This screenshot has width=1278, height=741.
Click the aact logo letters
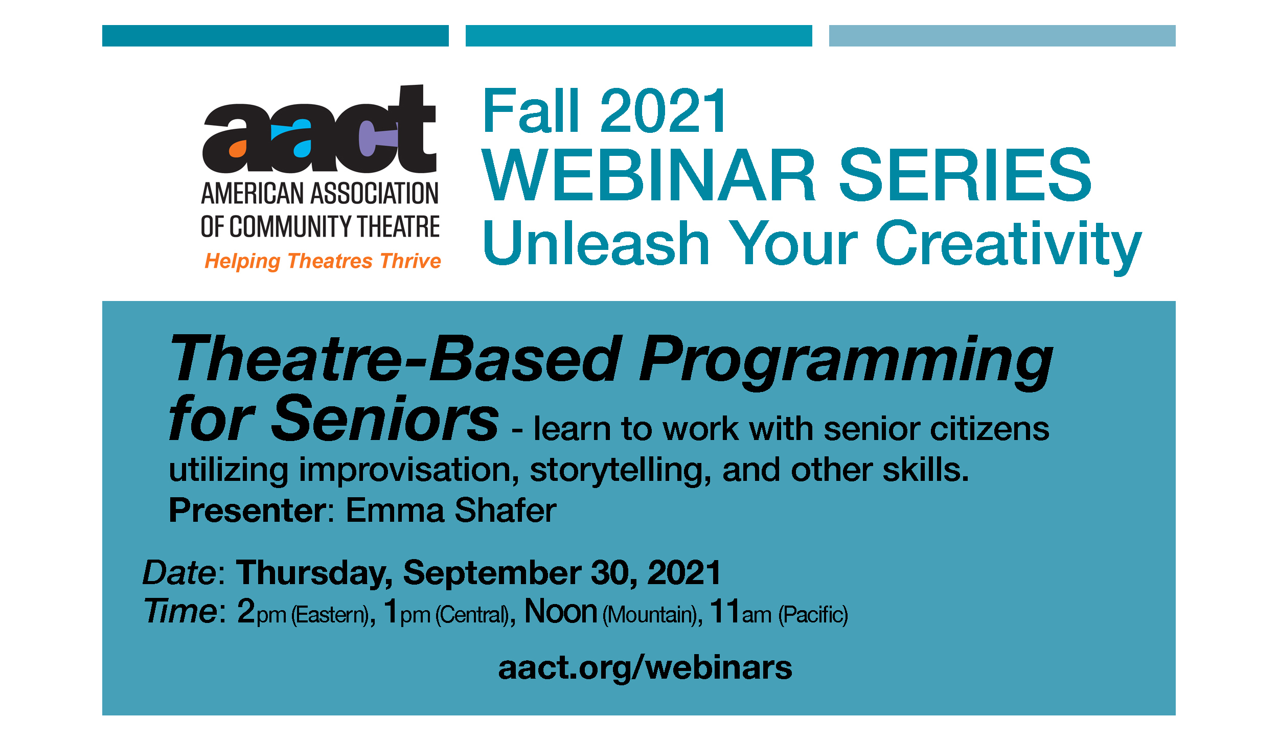click(x=320, y=129)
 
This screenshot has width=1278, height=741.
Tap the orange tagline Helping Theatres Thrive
click(x=323, y=261)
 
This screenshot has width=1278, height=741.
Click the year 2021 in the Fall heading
click(x=663, y=111)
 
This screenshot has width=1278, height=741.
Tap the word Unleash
click(x=596, y=242)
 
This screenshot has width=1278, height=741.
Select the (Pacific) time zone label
click(x=813, y=615)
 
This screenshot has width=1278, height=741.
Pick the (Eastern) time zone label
click(x=330, y=615)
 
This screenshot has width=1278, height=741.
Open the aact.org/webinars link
click(x=645, y=668)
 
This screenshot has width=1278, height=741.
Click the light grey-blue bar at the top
click(x=1002, y=36)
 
